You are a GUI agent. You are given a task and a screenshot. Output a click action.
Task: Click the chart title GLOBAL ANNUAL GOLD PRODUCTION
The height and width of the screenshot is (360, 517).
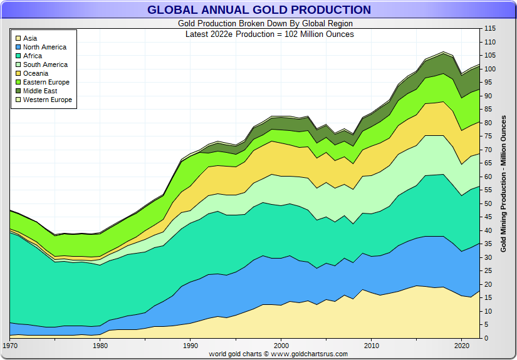tap(259, 10)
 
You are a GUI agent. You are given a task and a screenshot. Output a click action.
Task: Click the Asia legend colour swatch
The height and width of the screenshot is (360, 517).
tap(18, 38)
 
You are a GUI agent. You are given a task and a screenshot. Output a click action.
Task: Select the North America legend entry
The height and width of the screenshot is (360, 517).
tap(44, 47)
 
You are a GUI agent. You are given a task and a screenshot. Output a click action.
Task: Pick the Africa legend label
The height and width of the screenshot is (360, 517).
tap(33, 56)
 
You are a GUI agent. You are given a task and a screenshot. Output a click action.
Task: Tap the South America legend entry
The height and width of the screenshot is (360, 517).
tap(45, 64)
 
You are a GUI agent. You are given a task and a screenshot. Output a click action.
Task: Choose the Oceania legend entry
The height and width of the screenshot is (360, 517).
tap(36, 73)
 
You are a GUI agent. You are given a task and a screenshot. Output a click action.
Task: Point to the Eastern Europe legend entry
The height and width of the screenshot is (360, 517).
tap(46, 82)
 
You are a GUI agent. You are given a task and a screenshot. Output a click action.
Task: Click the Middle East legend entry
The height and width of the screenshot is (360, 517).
tap(40, 91)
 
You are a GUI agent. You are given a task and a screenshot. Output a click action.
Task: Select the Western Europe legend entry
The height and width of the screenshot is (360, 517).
tap(48, 100)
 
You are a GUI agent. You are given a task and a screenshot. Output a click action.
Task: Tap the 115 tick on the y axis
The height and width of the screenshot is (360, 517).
tap(490, 29)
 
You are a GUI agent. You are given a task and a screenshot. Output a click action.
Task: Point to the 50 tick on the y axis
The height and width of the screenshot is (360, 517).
tap(488, 203)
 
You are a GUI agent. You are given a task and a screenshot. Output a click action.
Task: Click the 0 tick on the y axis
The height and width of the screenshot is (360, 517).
tap(486, 338)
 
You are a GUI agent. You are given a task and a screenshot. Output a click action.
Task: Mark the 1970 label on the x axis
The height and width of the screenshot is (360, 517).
tap(10, 346)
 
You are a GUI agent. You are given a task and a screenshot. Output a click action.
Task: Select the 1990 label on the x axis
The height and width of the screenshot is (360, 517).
tap(191, 346)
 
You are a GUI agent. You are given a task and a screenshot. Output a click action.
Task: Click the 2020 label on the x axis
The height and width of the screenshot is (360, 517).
tap(462, 346)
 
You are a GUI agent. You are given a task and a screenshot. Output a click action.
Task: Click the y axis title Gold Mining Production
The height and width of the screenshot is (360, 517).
tap(503, 183)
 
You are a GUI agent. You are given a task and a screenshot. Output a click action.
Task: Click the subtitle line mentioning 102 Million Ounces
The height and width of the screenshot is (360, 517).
tap(269, 34)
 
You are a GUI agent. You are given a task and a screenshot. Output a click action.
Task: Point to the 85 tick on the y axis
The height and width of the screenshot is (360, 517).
tap(488, 110)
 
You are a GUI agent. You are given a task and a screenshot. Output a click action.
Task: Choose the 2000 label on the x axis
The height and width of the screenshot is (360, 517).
tap(281, 346)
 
